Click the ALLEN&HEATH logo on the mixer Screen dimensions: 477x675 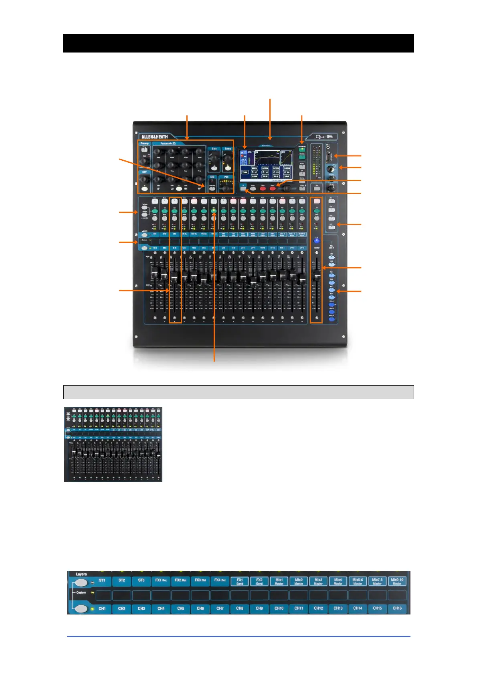click(x=155, y=137)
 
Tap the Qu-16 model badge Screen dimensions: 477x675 click(x=324, y=137)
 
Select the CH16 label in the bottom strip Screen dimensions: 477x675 click(x=397, y=608)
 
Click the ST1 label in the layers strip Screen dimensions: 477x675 click(x=102, y=580)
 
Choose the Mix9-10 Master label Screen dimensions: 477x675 click(x=397, y=581)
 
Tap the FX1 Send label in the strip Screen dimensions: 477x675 click(x=240, y=581)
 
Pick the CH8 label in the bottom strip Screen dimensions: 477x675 click(x=240, y=608)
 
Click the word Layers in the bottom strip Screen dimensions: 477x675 click(x=81, y=574)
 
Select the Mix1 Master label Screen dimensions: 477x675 click(x=279, y=581)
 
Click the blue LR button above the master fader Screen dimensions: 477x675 click(x=317, y=240)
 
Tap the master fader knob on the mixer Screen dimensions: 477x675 click(x=317, y=275)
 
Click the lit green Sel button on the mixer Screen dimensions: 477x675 click(x=214, y=210)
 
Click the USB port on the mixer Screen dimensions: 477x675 click(x=329, y=156)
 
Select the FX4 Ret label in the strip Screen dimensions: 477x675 click(x=220, y=580)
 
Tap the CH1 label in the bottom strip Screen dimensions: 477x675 click(x=102, y=608)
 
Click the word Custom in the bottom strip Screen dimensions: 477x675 click(x=81, y=592)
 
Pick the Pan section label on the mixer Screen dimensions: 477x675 click(x=226, y=177)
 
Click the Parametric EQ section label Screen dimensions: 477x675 click(x=168, y=143)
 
